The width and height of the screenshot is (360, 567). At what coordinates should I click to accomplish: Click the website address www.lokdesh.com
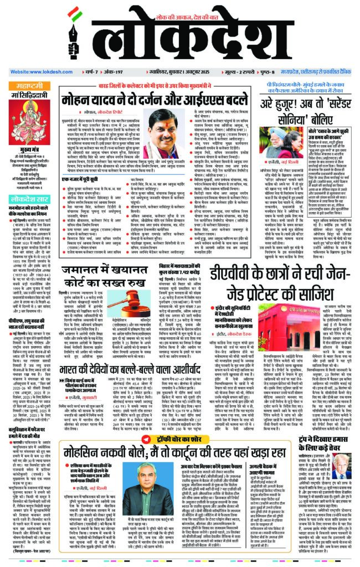(x=38, y=72)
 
